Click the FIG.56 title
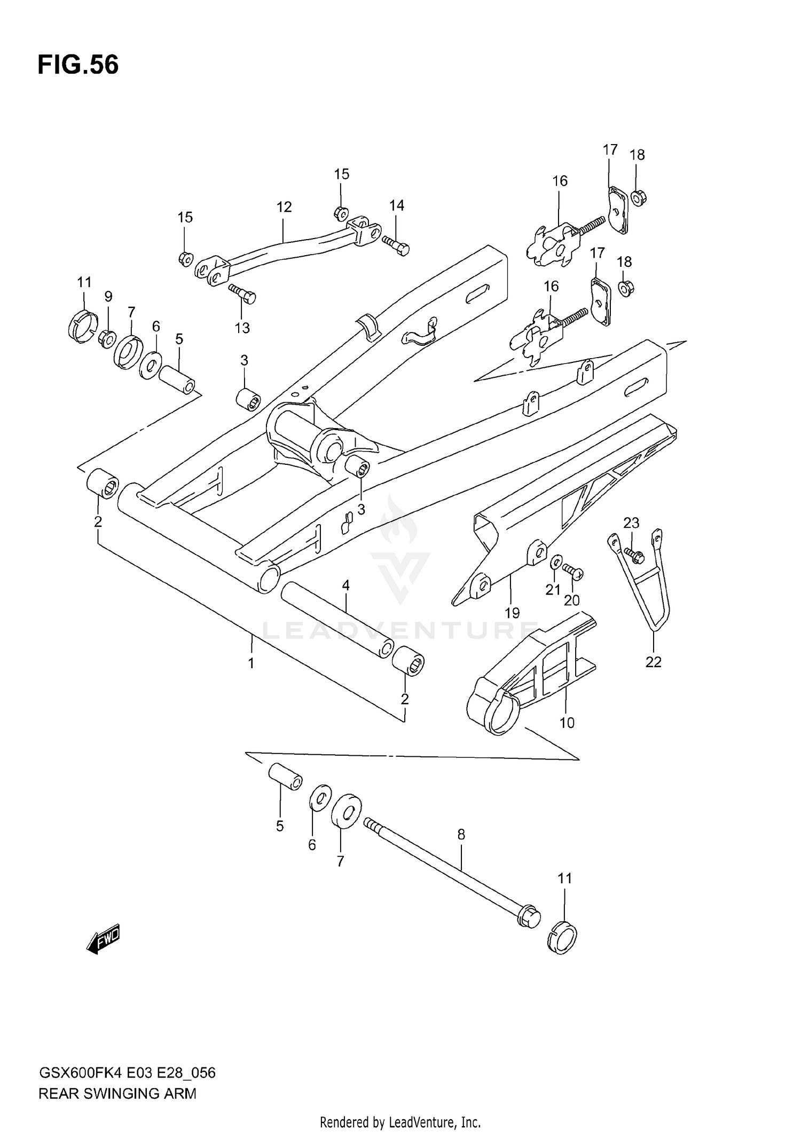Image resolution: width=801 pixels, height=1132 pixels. [78, 65]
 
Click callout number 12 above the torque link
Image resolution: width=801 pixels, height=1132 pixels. [284, 207]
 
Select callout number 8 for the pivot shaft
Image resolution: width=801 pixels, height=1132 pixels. [461, 834]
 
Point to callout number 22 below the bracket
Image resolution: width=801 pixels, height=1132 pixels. [653, 662]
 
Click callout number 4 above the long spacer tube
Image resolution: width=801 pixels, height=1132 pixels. [345, 585]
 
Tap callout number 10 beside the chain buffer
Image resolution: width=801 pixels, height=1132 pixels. [567, 723]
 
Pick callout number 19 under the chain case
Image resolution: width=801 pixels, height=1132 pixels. [512, 613]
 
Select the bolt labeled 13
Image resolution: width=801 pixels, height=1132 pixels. [243, 294]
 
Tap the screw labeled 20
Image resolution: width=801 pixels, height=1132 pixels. [574, 572]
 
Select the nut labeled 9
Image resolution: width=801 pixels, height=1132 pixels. [107, 338]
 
